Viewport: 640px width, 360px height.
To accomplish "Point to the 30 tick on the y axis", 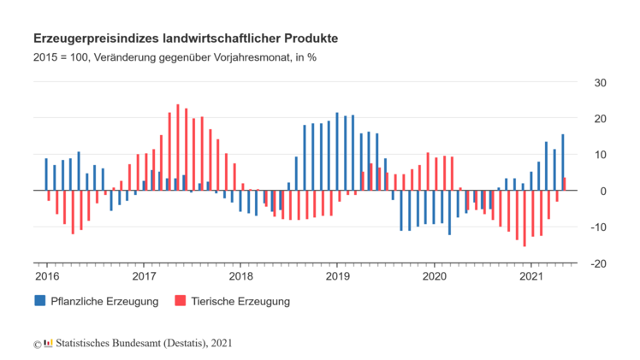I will [x=600, y=83].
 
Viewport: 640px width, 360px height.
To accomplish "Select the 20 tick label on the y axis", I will [x=600, y=119].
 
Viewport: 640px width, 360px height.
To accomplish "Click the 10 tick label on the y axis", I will [x=600, y=155].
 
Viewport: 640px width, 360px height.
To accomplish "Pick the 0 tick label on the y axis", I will [x=602, y=191].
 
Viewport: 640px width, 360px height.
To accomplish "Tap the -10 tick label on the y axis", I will [x=598, y=227].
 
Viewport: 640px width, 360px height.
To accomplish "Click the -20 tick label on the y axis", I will [x=598, y=263].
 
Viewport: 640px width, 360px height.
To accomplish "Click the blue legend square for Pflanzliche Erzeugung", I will [x=40, y=301].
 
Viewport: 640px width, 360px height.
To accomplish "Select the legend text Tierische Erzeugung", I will [x=241, y=301].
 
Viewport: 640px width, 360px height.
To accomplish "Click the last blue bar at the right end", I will [x=562, y=162].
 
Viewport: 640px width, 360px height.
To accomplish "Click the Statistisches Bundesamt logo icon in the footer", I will [x=48, y=343].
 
